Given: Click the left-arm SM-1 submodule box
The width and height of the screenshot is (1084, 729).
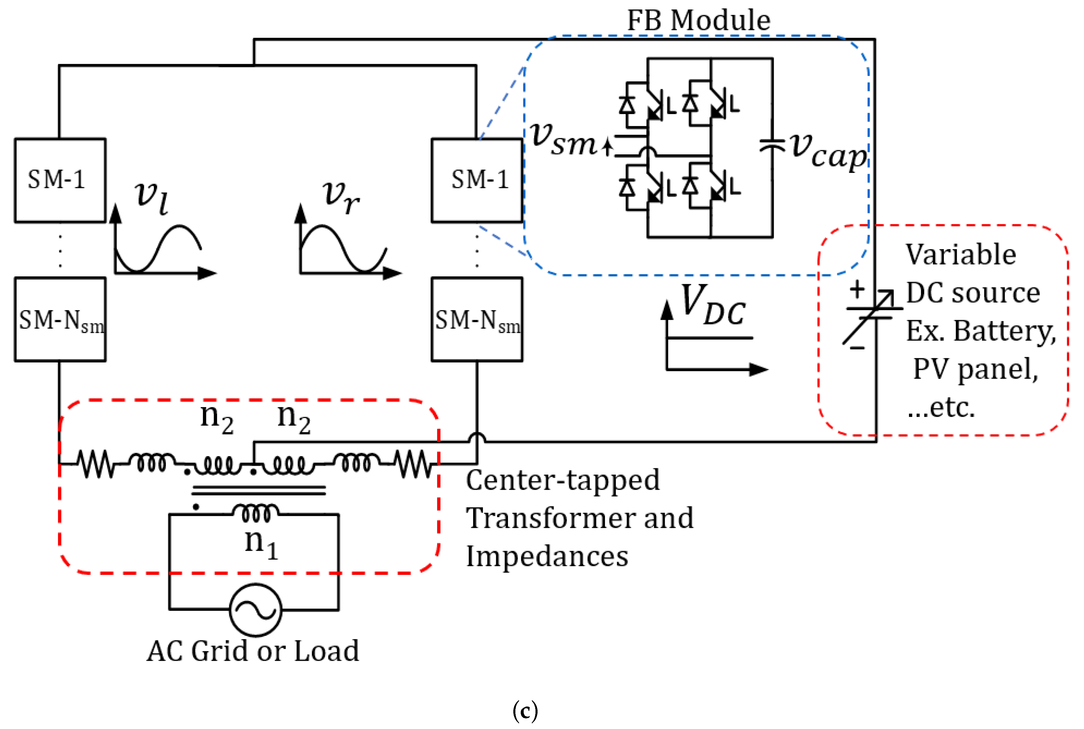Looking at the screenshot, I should click(x=60, y=180).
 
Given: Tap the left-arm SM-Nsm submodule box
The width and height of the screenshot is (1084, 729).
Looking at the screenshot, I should click(x=60, y=319).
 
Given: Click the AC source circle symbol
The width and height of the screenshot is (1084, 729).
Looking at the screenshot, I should click(x=255, y=610).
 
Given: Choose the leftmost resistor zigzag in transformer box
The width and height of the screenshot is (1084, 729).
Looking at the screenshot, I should click(x=97, y=464).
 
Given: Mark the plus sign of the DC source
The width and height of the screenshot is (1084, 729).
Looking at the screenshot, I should click(x=857, y=290).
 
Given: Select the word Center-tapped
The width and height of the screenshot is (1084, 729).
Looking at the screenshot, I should click(x=563, y=480).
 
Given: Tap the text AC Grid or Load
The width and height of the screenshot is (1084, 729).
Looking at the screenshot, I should click(x=253, y=651).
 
